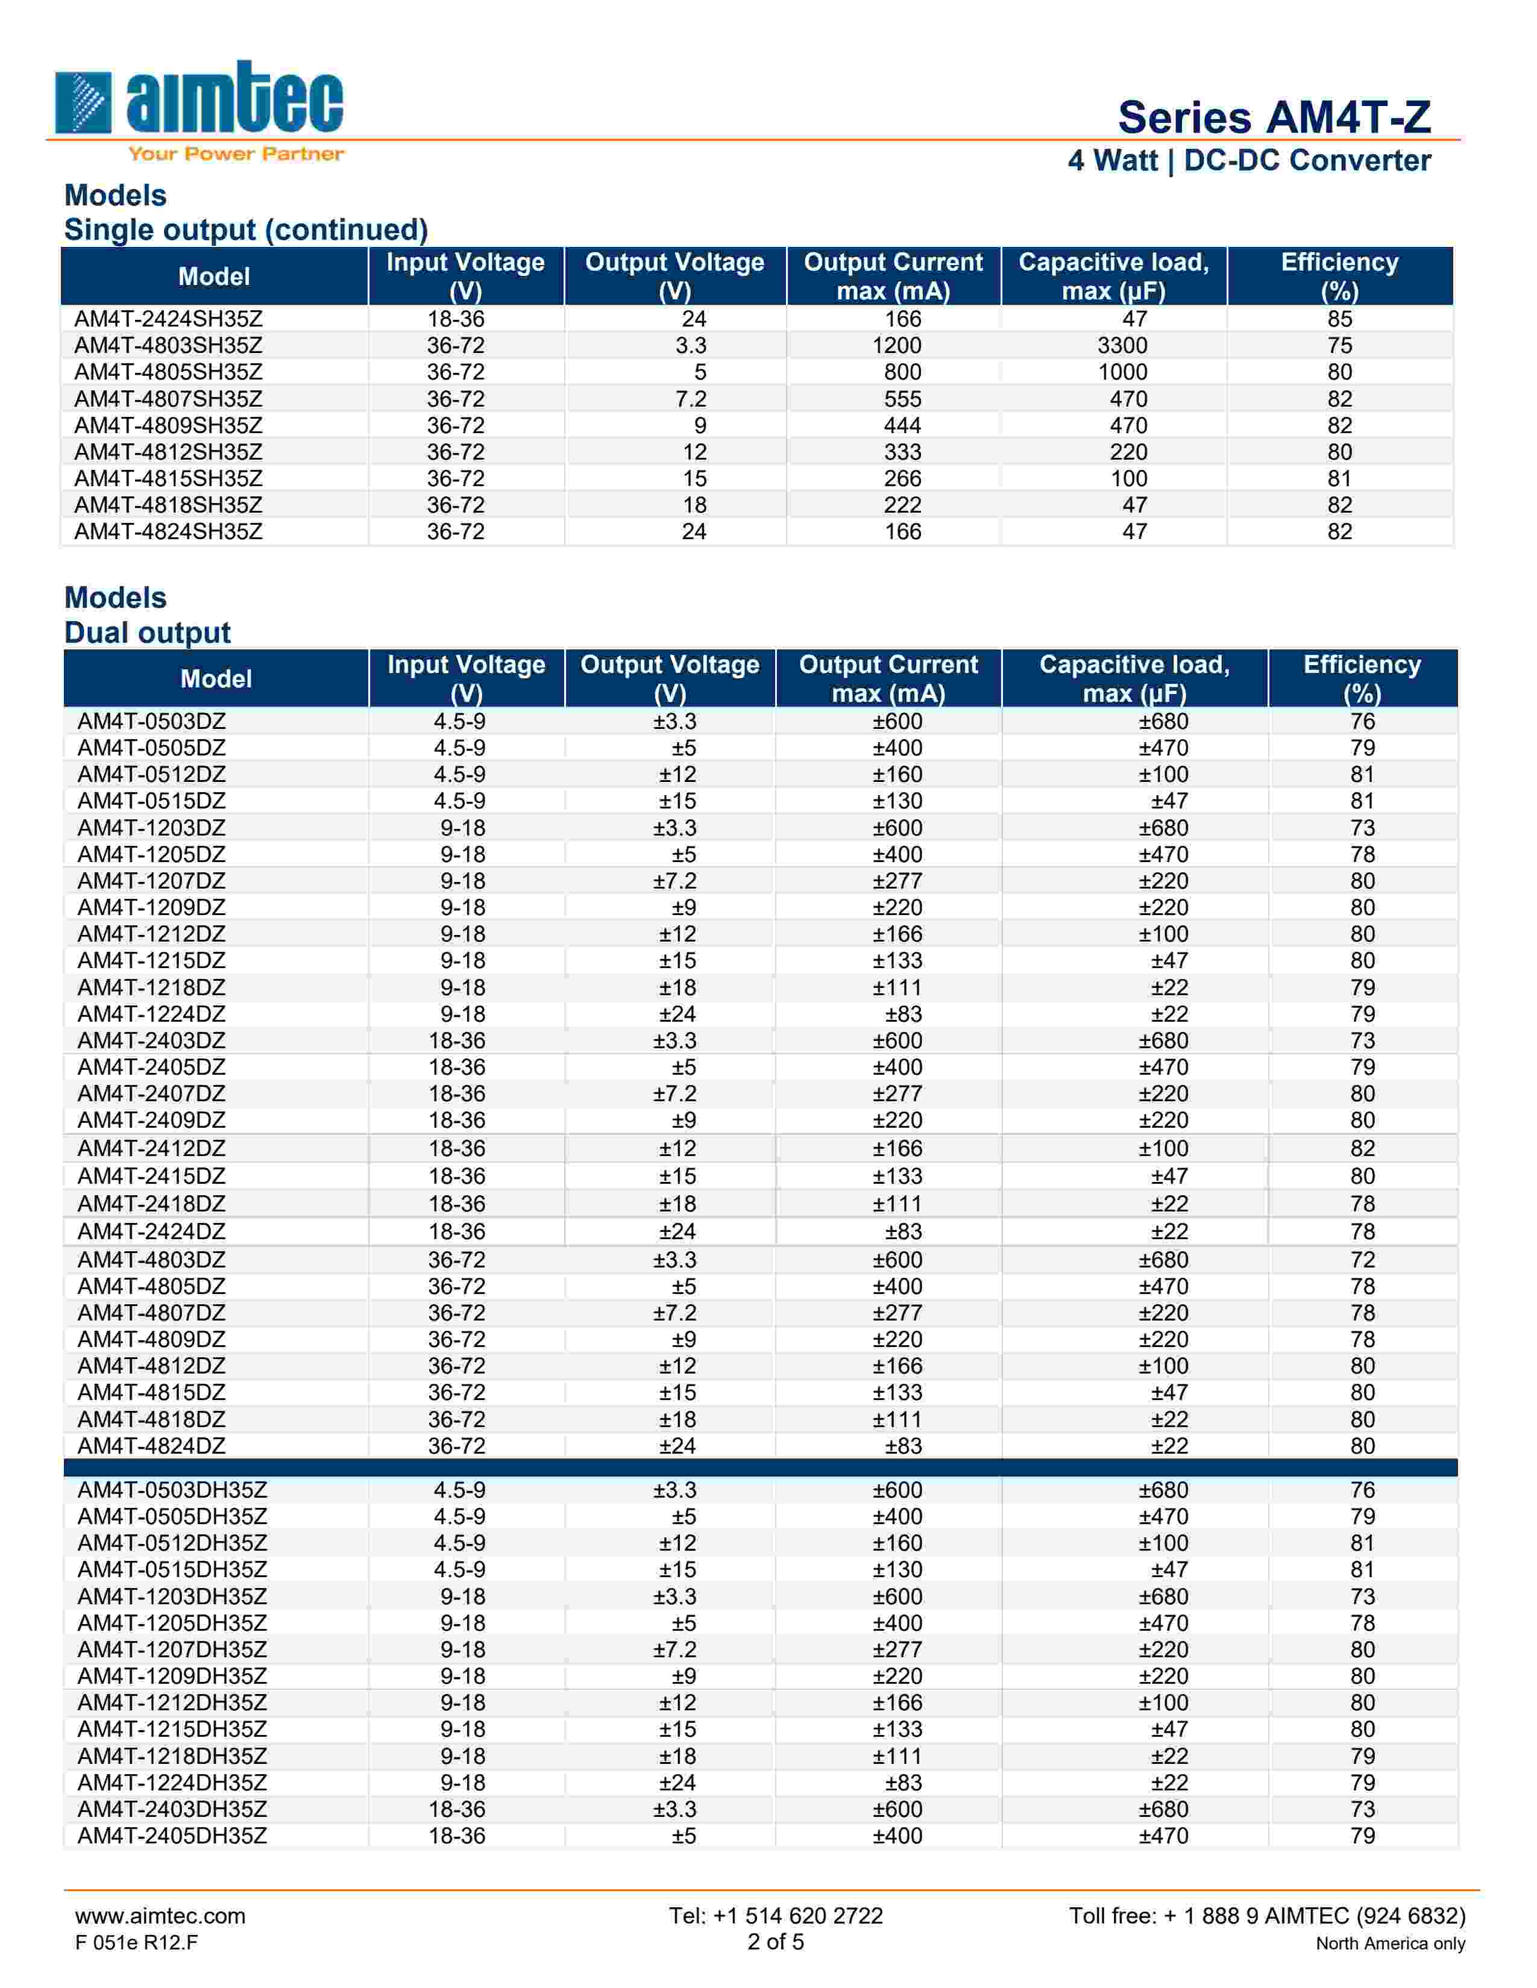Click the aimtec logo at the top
point(198,100)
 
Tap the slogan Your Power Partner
point(236,154)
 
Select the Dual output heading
point(148,633)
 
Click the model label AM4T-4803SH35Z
point(168,346)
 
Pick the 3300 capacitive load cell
point(1122,346)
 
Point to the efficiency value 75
point(1339,346)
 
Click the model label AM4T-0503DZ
point(151,722)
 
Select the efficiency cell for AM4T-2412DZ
point(1362,1149)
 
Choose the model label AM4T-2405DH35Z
point(172,1836)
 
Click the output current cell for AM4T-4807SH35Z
point(902,399)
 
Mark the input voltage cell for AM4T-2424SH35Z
point(456,319)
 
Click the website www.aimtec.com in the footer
point(160,1916)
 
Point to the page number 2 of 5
point(776,1942)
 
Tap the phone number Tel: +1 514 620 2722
point(776,1916)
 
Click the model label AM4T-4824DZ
point(151,1446)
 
